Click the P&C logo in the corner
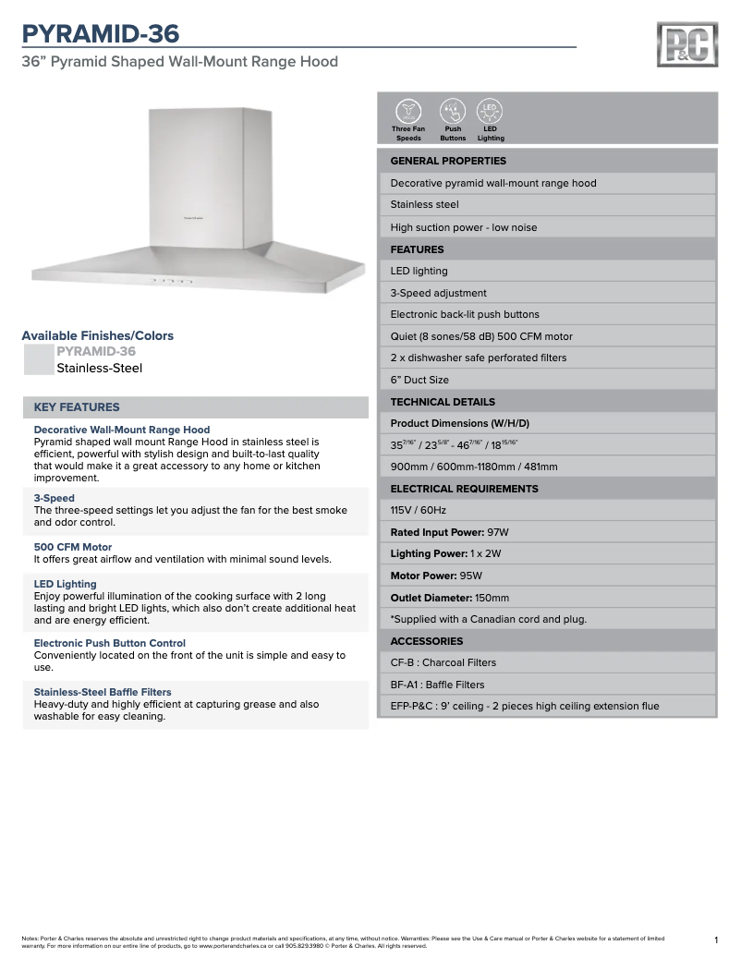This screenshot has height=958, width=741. [x=686, y=44]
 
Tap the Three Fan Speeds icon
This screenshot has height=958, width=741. [x=407, y=111]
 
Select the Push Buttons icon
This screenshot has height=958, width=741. [x=453, y=111]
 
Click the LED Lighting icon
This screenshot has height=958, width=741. [x=490, y=111]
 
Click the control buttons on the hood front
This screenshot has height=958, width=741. [x=172, y=281]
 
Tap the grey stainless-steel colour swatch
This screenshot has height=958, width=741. [x=38, y=359]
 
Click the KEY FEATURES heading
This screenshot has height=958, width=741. [x=77, y=407]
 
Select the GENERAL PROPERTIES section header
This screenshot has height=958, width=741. [x=448, y=161]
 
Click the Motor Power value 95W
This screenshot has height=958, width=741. [x=471, y=576]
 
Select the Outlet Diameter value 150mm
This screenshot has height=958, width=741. [x=492, y=598]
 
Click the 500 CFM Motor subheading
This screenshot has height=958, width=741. [x=73, y=547]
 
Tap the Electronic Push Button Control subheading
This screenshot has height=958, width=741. [x=110, y=643]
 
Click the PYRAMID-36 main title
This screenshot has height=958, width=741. [x=101, y=34]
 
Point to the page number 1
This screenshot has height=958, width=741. [x=716, y=940]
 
